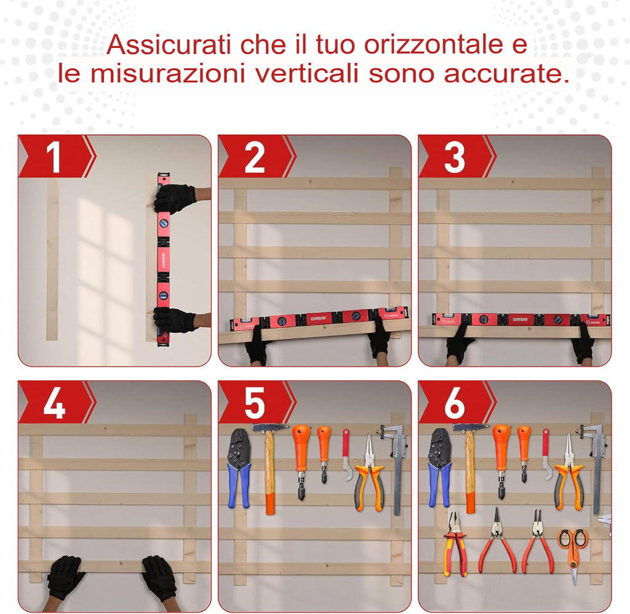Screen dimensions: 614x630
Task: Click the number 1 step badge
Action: pyautogui.click(x=54, y=157)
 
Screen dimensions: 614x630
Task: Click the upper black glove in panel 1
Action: pyautogui.click(x=175, y=199)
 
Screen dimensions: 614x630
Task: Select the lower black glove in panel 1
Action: pyautogui.click(x=175, y=319)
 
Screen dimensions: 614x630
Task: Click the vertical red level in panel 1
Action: pyautogui.click(x=164, y=258)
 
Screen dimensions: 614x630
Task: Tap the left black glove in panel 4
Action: pyautogui.click(x=65, y=576)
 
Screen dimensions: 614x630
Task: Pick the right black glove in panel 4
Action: pyautogui.click(x=160, y=577)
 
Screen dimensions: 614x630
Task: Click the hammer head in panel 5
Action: pyautogui.click(x=269, y=427)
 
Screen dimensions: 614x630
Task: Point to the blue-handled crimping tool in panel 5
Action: pyautogui.click(x=239, y=468)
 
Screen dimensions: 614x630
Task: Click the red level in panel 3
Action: pyautogui.click(x=520, y=319)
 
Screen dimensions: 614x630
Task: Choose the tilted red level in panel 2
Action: pyautogui.click(x=314, y=319)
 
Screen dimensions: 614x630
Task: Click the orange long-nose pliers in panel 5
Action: pyautogui.click(x=369, y=474)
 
